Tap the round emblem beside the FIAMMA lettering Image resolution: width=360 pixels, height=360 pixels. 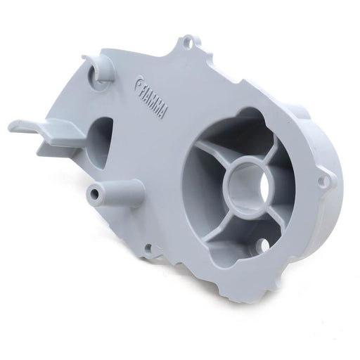[139, 84]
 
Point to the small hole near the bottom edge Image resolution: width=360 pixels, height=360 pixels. [148, 247]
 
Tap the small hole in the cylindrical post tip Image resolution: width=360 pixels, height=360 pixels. [96, 193]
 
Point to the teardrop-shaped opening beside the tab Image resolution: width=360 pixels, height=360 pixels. [100, 143]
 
